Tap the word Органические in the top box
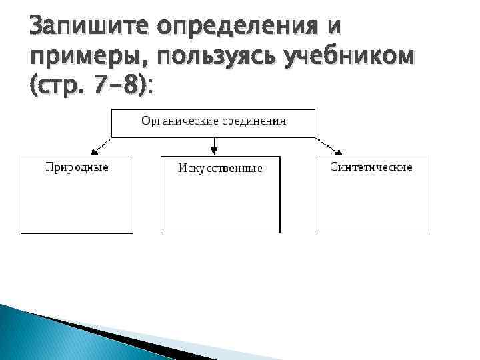[175, 121]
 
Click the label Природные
[77, 167]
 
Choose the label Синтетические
[371, 167]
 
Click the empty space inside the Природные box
[77, 203]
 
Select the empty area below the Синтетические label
[371, 203]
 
